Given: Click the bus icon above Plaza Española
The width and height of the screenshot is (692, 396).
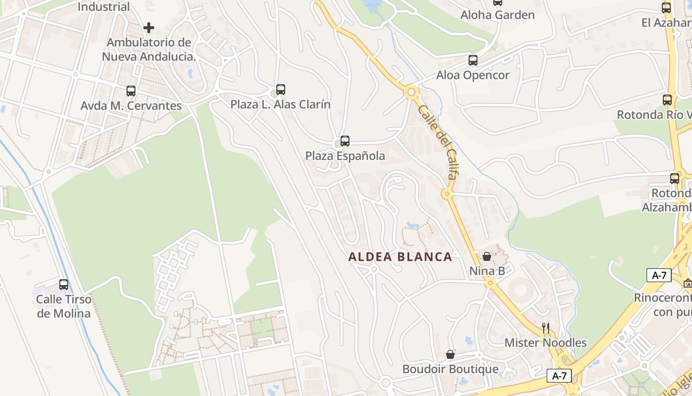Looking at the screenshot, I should (345, 141).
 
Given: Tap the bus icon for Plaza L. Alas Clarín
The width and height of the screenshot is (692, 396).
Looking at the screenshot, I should (281, 90).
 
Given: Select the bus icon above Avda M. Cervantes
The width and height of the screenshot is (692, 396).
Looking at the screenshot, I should (131, 91).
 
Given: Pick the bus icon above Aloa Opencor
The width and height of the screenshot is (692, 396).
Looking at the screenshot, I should (473, 60).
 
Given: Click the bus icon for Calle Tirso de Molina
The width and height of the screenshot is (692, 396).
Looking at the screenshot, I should (64, 285).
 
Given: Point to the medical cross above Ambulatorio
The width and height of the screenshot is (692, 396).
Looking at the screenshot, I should (149, 28).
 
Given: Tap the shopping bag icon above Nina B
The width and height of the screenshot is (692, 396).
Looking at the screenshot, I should (487, 256).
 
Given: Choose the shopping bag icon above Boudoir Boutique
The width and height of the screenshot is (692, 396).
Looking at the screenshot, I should (450, 354).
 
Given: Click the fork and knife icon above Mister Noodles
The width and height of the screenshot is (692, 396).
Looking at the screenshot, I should (546, 328).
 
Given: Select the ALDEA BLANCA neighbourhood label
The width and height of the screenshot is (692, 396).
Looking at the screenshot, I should (400, 257).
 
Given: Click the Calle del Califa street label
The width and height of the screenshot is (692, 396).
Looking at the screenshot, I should (437, 142).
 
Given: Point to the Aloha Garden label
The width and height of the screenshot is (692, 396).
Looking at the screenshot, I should (497, 15).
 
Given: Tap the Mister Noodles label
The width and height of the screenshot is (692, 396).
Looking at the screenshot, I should (545, 343).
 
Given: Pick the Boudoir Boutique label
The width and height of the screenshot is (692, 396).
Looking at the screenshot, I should (450, 369).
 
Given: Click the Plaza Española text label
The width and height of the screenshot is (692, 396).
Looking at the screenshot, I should (345, 156).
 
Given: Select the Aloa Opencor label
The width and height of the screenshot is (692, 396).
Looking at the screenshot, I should (473, 75).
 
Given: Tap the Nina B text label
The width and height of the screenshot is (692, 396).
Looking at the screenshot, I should (487, 271).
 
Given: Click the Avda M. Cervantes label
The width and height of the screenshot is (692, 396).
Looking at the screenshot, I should (131, 106).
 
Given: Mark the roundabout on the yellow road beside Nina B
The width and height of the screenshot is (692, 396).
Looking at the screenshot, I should (490, 283).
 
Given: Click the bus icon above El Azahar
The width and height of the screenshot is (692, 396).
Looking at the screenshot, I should (666, 8).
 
